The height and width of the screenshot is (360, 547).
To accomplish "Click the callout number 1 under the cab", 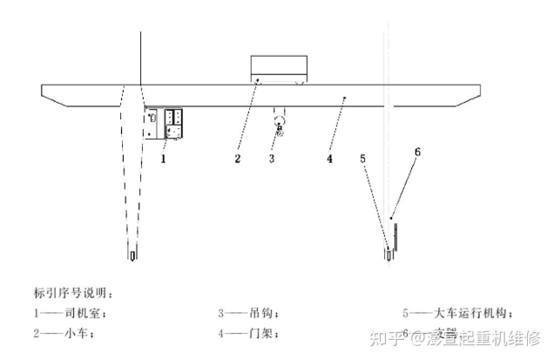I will click(163, 160).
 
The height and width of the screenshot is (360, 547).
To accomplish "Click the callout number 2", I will click(236, 160).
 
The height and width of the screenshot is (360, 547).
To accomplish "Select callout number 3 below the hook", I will click(272, 160).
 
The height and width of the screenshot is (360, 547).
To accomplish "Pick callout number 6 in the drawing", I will click(417, 151).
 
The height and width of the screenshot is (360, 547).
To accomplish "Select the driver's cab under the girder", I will click(166, 123).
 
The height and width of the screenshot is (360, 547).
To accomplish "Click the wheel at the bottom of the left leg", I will click(132, 256).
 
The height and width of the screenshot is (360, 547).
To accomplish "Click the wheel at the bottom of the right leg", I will click(388, 255).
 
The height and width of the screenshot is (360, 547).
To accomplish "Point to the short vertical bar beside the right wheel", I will click(396, 241).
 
